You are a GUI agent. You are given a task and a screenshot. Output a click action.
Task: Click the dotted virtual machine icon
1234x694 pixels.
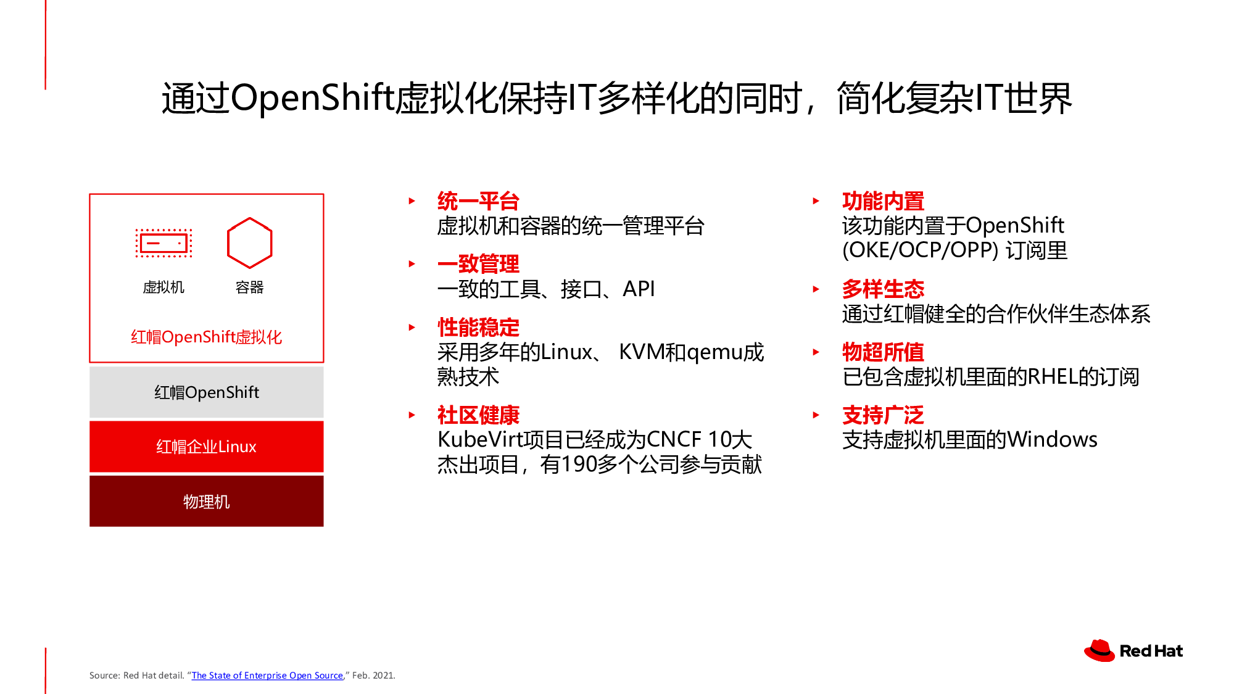164,243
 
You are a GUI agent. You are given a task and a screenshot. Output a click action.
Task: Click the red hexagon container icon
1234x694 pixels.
228,243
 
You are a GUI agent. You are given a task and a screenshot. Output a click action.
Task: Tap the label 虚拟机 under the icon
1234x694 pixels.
164,287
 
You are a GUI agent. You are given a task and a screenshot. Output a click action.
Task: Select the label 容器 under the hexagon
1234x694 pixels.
249,287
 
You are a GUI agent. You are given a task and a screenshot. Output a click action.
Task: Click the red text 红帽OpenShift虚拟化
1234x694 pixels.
206,337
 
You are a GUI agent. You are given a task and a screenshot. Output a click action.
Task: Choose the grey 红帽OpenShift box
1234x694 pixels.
206,392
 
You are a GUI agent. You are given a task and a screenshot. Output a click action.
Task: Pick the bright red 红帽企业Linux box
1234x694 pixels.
206,447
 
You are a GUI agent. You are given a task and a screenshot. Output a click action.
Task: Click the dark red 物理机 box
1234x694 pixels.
206,501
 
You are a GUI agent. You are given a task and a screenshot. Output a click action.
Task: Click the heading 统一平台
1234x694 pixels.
478,201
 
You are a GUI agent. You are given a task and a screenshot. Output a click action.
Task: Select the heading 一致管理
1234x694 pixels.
478,264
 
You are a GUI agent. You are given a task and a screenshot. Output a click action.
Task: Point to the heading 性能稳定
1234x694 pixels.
478,327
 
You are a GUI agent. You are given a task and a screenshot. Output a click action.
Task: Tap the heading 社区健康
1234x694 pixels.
478,415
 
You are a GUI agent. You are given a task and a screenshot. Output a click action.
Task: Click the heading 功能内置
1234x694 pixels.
883,201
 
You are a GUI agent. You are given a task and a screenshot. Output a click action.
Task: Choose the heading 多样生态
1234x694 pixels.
883,289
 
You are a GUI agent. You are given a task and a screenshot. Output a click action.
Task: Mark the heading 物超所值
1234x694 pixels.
883,352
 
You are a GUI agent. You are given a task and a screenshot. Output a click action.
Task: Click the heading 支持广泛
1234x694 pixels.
883,415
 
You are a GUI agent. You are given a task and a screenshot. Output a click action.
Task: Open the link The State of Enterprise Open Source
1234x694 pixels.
267,675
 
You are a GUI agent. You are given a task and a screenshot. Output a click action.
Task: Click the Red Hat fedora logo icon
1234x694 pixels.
1099,651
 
